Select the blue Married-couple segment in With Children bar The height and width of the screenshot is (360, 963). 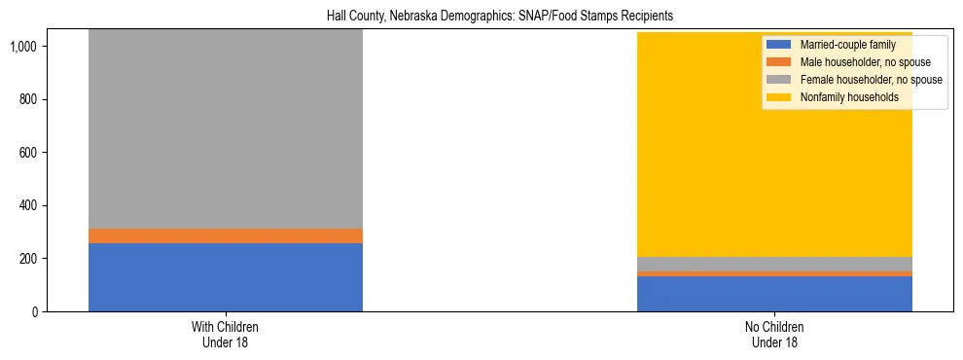(226, 277)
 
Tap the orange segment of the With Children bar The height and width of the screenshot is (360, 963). (226, 235)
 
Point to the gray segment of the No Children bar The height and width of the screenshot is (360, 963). (774, 264)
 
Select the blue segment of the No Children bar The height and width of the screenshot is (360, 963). (774, 294)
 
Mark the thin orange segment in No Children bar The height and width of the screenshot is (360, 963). (774, 273)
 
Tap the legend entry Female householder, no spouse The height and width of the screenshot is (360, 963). (871, 80)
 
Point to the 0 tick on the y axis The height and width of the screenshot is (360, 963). (34, 311)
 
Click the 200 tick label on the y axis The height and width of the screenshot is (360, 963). (28, 259)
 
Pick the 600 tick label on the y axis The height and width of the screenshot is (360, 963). (28, 153)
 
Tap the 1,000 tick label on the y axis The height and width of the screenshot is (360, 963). (23, 47)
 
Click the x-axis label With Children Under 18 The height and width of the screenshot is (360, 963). (226, 335)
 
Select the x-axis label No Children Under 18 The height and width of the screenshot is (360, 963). (774, 335)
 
